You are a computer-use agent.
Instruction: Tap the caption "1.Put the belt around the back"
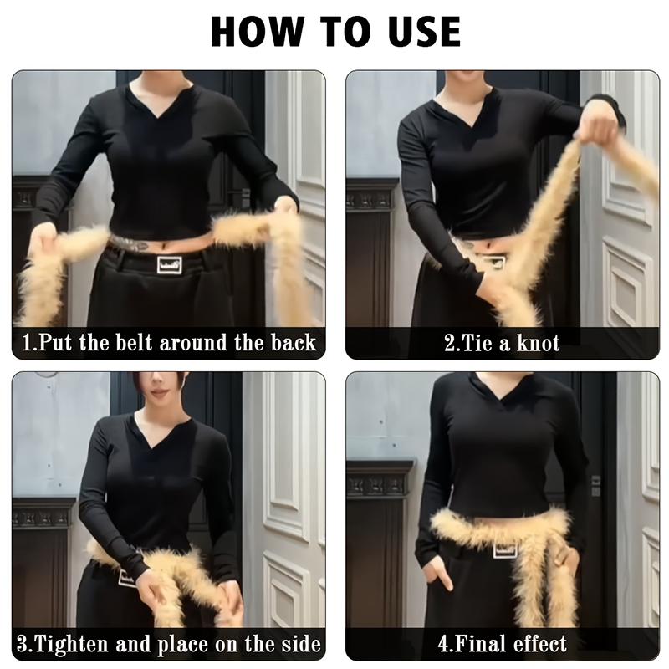168,342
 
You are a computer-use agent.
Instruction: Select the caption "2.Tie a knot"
502,342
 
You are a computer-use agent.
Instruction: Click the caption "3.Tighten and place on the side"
168,643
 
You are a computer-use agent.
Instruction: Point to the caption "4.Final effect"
502,643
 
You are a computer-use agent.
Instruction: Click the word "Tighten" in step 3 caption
73,643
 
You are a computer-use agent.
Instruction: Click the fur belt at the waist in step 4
502,527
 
